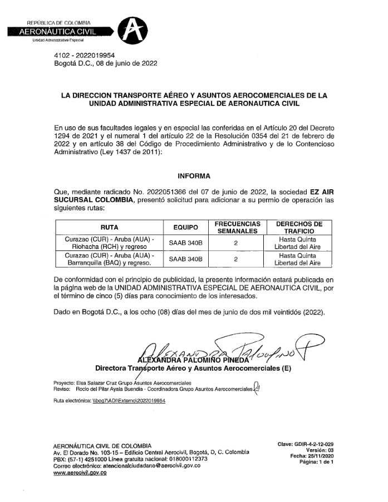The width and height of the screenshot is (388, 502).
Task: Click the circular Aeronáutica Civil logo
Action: (134, 31)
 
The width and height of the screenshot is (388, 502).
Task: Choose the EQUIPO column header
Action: (186, 227)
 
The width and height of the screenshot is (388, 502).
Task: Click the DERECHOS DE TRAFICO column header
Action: (299, 227)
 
